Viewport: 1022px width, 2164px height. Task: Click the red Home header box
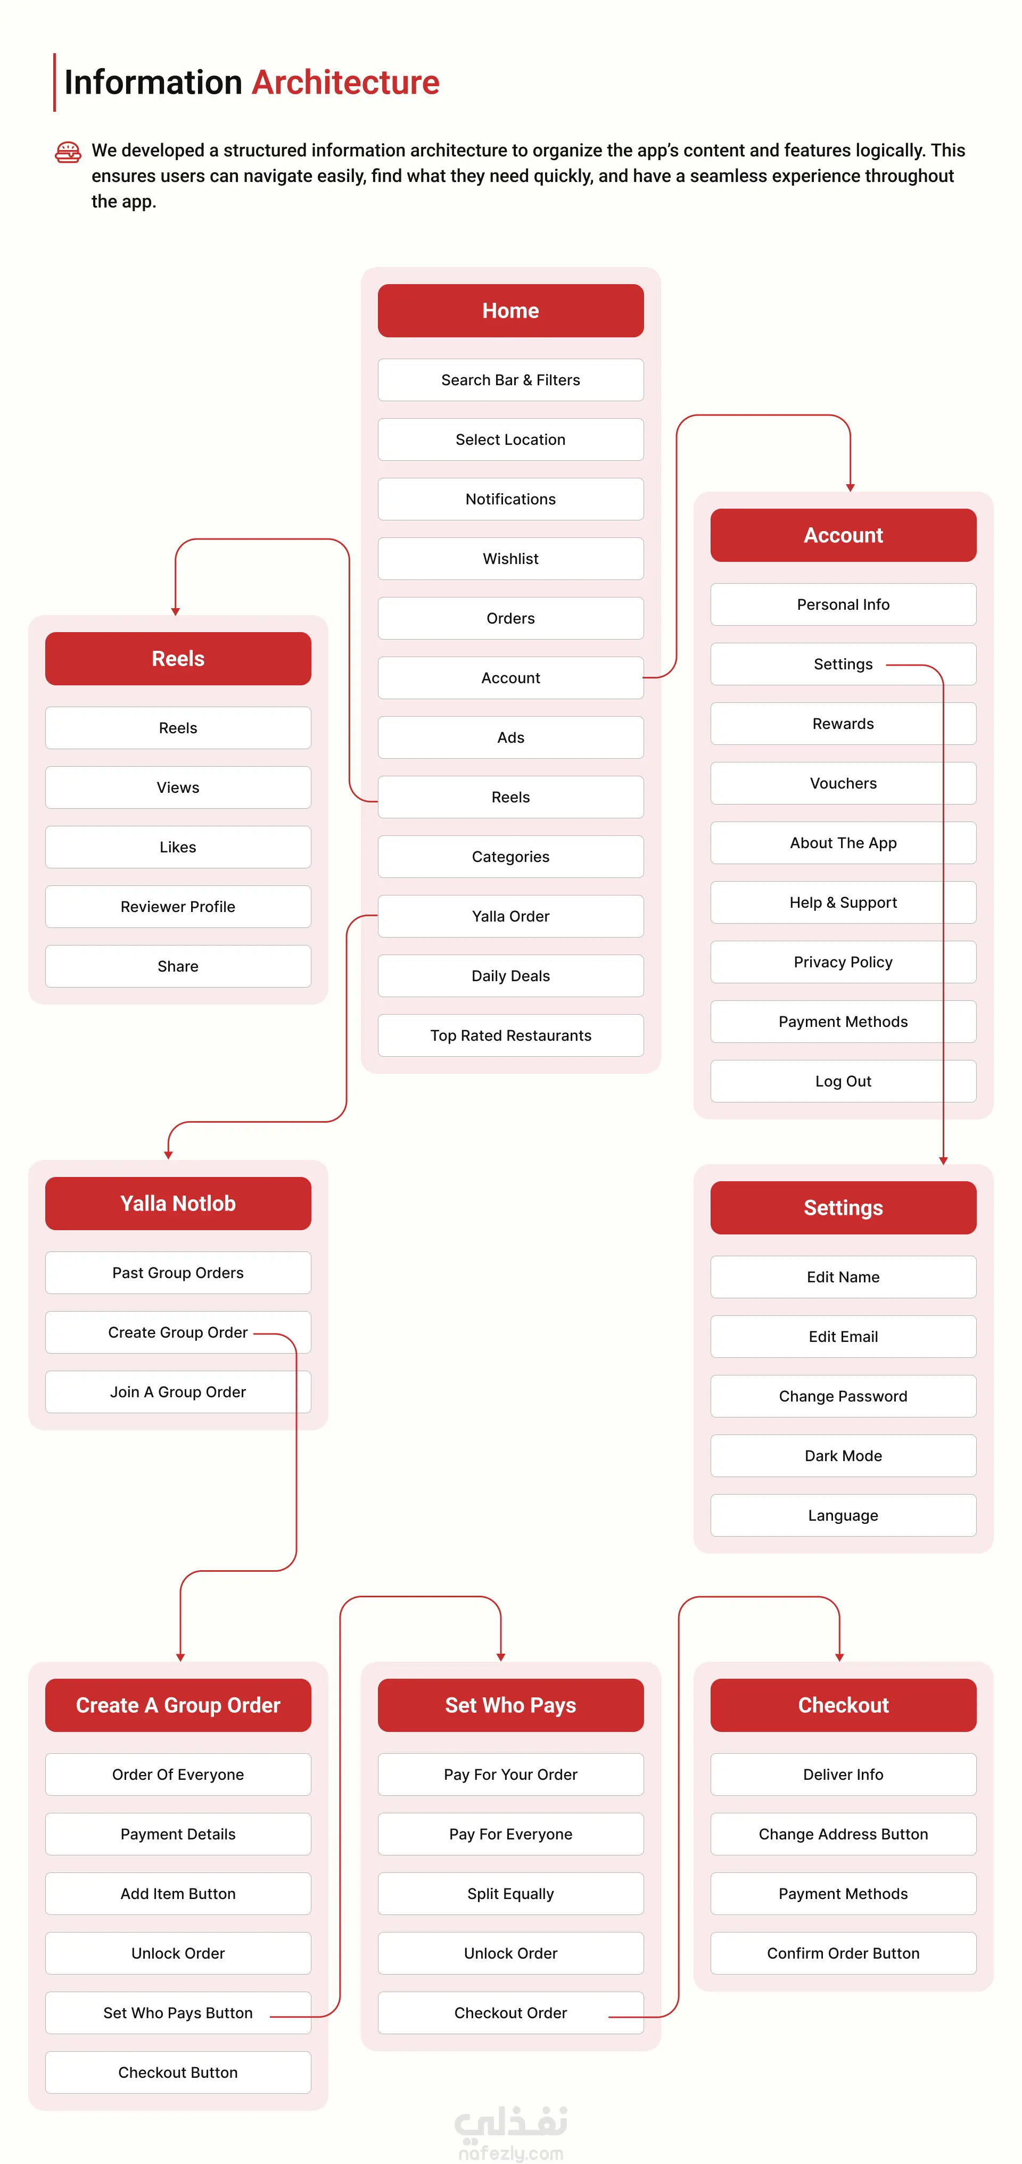pos(510,311)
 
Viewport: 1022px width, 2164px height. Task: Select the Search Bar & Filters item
pos(510,380)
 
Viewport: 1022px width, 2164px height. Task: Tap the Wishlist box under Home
pos(510,559)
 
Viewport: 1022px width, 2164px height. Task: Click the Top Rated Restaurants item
pos(510,1035)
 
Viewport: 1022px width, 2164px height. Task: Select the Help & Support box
pos(843,902)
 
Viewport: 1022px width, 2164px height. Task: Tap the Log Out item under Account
pos(843,1081)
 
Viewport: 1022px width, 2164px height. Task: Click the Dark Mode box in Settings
pos(843,1456)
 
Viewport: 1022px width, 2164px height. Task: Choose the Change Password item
pos(843,1396)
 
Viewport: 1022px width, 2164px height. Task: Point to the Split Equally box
pos(510,1894)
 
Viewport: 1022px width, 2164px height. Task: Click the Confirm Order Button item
pos(843,1953)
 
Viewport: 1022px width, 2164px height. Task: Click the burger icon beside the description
pos(68,152)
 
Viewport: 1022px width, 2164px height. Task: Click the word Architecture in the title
pos(345,82)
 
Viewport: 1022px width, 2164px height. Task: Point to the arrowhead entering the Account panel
pos(851,487)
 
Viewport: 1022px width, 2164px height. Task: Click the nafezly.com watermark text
pos(511,2153)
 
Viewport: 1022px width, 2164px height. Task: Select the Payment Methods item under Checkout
pos(843,1894)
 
